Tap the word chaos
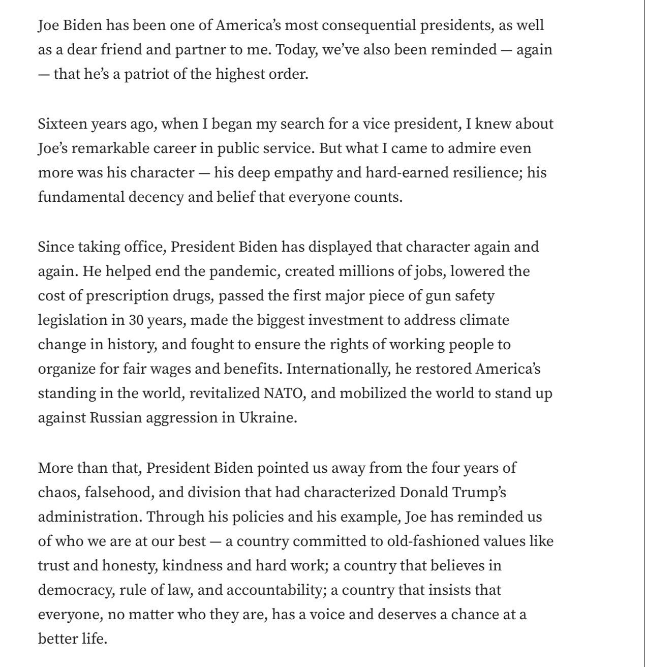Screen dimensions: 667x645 (x=56, y=492)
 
